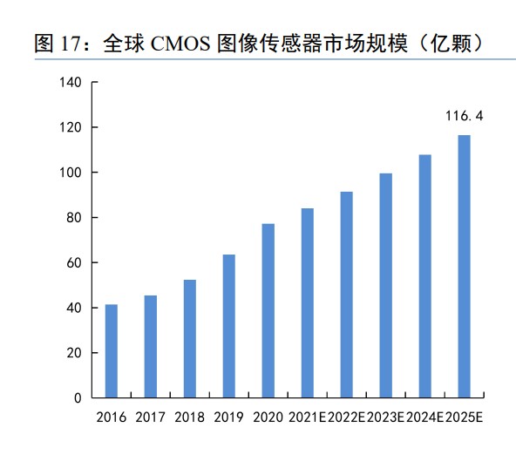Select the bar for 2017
click(151, 347)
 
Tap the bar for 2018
click(190, 339)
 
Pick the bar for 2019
click(229, 327)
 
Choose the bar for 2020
click(268, 311)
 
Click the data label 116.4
click(465, 114)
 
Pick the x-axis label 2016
click(112, 418)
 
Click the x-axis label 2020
click(268, 418)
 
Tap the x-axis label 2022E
click(347, 418)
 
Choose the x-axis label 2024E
click(425, 418)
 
